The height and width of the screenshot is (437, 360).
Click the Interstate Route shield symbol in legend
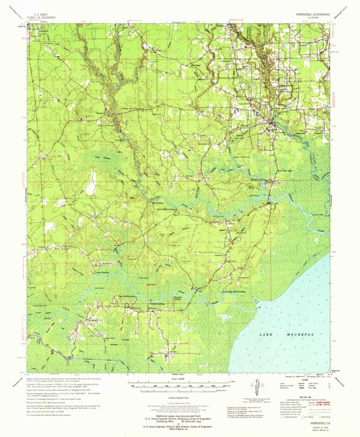click(285, 417)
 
